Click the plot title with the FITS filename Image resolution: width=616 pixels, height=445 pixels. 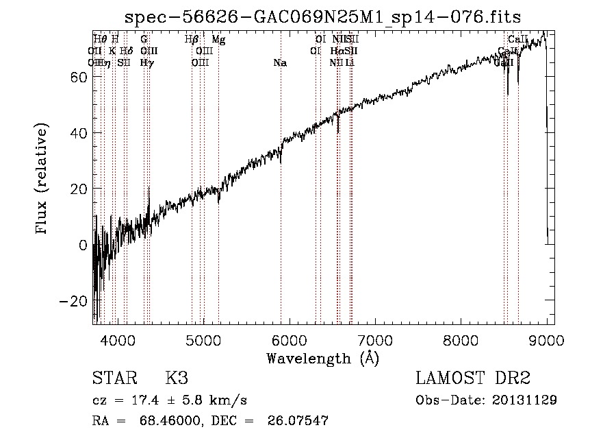324,16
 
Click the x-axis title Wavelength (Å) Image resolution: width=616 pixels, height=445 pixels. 322,358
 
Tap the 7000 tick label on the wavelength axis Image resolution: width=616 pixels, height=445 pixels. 375,340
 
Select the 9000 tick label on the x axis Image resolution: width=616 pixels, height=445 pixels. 546,340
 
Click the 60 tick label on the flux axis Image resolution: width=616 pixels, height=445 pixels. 78,77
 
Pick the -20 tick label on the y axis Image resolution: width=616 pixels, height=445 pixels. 74,301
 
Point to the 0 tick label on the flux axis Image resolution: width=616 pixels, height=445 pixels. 83,245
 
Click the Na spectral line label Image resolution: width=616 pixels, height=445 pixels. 279,63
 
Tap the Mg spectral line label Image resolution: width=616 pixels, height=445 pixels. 218,40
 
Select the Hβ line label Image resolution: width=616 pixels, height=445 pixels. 192,40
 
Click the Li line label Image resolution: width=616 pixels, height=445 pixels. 350,63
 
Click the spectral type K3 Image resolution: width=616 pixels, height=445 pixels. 177,378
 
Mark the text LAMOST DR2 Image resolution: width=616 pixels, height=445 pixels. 473,378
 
